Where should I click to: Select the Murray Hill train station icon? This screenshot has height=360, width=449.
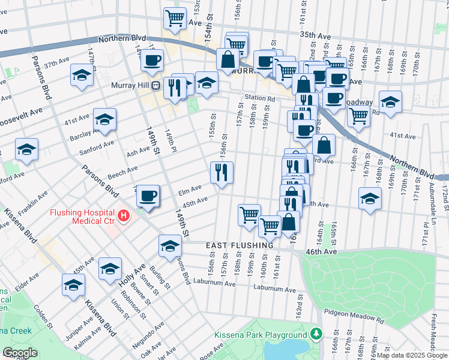pos(155,85)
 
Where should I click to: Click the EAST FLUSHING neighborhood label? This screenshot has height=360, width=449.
pos(240,245)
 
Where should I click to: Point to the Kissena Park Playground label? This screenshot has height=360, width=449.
pos(261,335)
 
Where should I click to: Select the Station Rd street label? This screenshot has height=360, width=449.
pos(259,98)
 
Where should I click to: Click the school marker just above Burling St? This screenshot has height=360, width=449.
pos(170,245)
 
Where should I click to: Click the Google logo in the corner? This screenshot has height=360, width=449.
pos(20,353)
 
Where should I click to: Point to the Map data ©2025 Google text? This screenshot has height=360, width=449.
pos(411,355)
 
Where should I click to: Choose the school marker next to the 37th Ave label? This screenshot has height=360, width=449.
pos(82,74)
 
